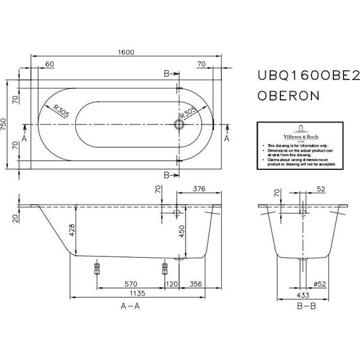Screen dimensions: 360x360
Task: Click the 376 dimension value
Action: (x=198, y=188)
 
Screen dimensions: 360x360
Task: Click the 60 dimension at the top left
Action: (x=50, y=64)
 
